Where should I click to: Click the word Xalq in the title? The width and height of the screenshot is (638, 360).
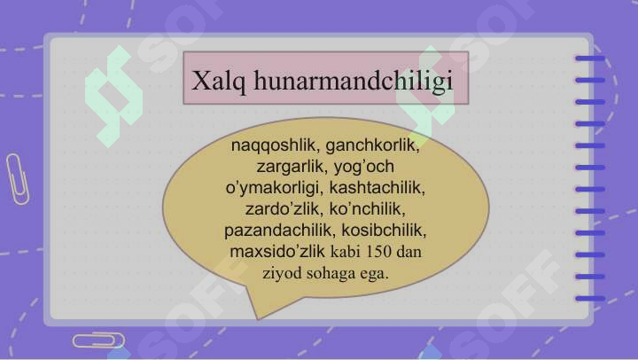219,81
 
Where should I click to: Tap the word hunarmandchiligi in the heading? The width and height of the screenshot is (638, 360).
354,81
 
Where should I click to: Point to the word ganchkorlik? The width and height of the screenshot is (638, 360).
373,145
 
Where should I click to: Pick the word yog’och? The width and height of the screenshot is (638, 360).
364,167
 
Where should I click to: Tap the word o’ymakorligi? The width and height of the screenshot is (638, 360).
274,188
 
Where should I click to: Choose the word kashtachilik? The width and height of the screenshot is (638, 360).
377,188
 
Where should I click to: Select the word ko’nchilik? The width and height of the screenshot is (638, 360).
367,209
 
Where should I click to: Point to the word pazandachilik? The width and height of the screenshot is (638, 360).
280,231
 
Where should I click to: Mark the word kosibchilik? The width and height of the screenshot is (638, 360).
384,231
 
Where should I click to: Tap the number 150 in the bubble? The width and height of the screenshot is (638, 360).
378,252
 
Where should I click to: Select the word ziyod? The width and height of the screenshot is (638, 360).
283,273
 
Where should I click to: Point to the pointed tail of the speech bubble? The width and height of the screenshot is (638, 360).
258,318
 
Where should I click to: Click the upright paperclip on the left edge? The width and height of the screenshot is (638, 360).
18,179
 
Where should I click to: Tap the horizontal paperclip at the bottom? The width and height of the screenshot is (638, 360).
99,340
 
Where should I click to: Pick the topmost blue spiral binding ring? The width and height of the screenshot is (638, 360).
590,59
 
